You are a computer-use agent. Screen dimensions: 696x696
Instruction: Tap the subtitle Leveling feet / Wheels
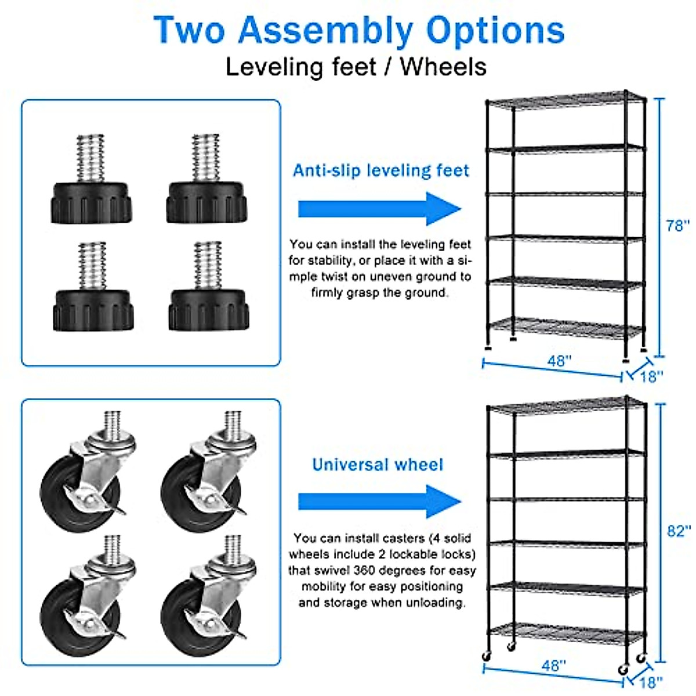(356, 67)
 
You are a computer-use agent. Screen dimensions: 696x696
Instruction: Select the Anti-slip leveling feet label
(380, 171)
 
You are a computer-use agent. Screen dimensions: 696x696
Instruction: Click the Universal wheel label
(378, 465)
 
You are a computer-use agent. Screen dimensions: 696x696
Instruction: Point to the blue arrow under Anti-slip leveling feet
(379, 209)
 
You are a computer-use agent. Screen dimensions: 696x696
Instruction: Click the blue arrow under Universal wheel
(379, 502)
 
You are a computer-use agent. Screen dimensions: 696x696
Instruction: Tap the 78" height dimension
(677, 226)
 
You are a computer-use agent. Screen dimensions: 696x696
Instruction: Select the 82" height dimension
(678, 531)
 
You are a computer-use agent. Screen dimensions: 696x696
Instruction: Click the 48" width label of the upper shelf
(559, 361)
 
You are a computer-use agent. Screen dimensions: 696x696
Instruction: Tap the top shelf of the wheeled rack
(565, 406)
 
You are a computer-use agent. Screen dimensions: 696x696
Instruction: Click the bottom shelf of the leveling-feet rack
(565, 328)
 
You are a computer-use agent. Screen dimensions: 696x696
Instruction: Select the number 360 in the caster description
(365, 570)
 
